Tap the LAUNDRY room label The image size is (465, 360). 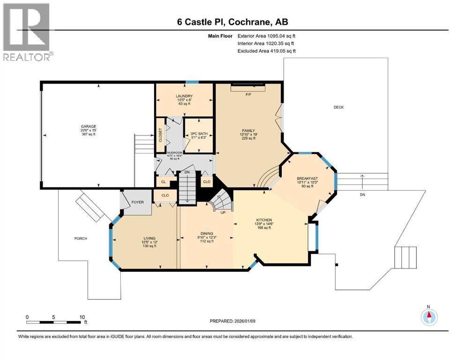[x=185, y=96]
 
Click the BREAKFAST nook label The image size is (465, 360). [x=307, y=179]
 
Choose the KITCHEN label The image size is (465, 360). [x=264, y=220]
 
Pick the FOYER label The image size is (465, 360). [x=137, y=202]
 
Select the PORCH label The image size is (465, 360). [x=81, y=239]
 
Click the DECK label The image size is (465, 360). [x=339, y=107]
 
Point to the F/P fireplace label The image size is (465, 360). [x=249, y=94]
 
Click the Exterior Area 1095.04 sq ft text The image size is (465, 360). [x=266, y=36]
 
